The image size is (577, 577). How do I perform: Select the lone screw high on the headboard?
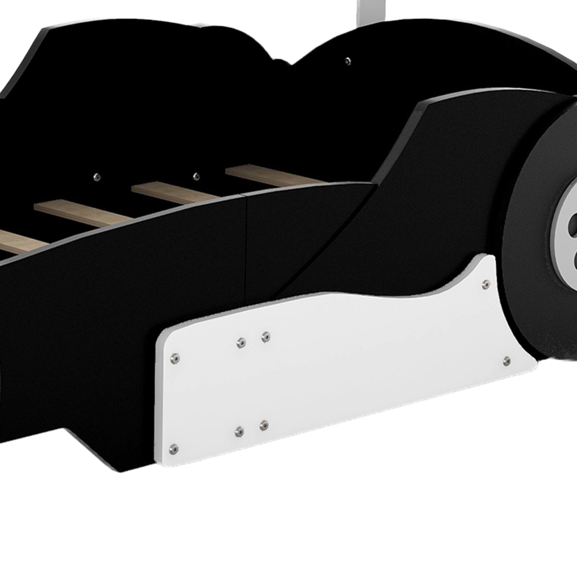point(347,61)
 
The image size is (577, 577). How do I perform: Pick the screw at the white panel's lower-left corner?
point(173,449)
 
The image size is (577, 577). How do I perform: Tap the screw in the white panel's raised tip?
point(486,285)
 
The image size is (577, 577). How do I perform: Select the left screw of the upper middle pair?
point(241,342)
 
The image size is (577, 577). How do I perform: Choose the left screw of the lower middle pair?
point(239,431)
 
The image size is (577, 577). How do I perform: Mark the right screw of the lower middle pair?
point(264,425)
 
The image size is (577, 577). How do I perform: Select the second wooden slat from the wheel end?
point(176,194)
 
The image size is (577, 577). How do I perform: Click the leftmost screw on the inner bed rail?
point(97,177)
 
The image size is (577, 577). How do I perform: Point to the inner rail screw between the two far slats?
point(196,176)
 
